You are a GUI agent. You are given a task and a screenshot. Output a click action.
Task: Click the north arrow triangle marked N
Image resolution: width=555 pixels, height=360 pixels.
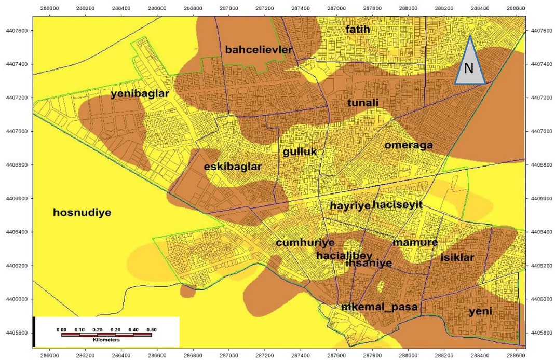coord(470,65)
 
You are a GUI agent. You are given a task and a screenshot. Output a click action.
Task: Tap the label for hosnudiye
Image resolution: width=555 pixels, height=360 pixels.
coord(82,212)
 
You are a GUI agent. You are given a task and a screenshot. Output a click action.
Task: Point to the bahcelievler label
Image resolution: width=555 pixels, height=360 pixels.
coord(259,50)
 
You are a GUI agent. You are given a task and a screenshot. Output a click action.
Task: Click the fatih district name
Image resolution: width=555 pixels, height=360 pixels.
coord(358,30)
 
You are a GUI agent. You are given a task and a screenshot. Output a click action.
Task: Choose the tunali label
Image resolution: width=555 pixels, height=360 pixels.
coord(362,103)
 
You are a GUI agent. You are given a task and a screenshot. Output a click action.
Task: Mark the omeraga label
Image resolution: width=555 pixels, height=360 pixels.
coord(408,145)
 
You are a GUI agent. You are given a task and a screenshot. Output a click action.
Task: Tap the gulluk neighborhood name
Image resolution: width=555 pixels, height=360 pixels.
coord(300,152)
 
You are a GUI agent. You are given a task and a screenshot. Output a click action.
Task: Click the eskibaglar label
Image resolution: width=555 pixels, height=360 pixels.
coord(233,167)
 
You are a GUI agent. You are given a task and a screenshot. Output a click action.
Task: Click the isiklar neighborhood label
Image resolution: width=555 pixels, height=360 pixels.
coord(457,258)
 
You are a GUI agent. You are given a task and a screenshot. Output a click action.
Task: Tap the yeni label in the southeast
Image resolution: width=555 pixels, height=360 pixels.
coord(480,312)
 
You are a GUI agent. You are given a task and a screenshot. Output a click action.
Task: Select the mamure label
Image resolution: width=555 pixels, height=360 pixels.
coord(415,242)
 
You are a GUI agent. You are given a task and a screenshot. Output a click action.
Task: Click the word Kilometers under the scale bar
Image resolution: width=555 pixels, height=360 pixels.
coord(106,340)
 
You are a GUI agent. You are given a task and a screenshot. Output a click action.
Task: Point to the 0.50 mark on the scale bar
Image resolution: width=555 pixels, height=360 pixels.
coord(151,329)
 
